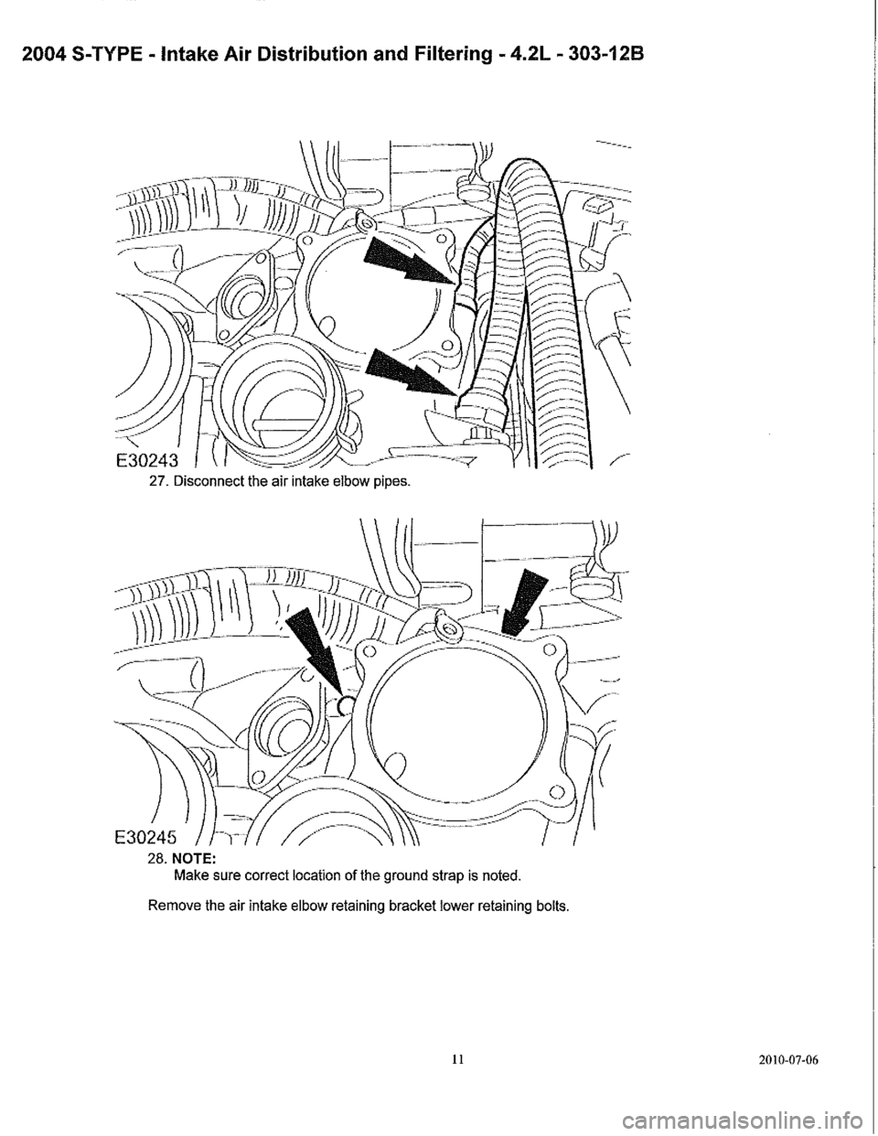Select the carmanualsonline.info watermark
tap(749, 1117)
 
